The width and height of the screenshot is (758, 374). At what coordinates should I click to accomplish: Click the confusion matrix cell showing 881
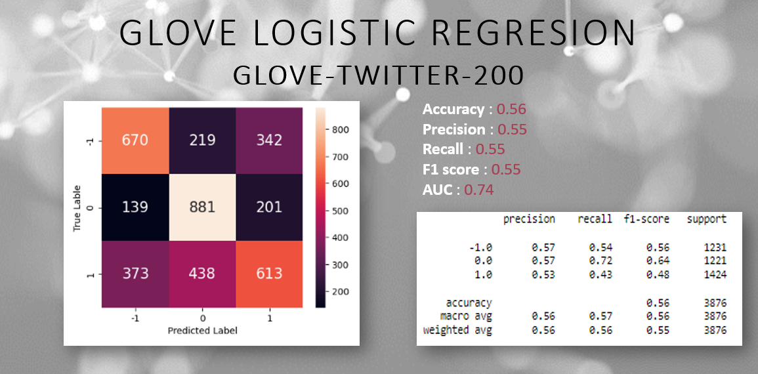click(x=202, y=207)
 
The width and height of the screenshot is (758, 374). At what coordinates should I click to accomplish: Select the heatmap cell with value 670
click(x=135, y=140)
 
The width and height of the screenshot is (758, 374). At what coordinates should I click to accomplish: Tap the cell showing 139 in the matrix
click(x=135, y=207)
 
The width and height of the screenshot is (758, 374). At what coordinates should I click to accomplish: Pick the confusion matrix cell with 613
click(x=269, y=274)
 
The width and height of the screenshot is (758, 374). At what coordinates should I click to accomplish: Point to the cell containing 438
click(x=202, y=274)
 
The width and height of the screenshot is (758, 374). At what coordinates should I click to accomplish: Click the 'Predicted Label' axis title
click(x=202, y=331)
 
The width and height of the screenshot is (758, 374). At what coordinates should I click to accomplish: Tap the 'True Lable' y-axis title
click(x=77, y=207)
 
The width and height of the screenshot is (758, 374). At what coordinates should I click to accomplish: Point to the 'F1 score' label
click(x=451, y=170)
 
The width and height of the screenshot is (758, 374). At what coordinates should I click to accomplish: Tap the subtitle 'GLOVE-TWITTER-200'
click(x=379, y=75)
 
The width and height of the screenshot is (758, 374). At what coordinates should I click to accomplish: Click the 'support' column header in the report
click(x=706, y=219)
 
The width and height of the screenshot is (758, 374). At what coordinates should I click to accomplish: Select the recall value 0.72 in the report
click(x=600, y=261)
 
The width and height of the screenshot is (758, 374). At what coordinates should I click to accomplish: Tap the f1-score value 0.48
click(x=657, y=275)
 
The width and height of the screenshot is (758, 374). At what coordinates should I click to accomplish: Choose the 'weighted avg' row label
click(x=457, y=330)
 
